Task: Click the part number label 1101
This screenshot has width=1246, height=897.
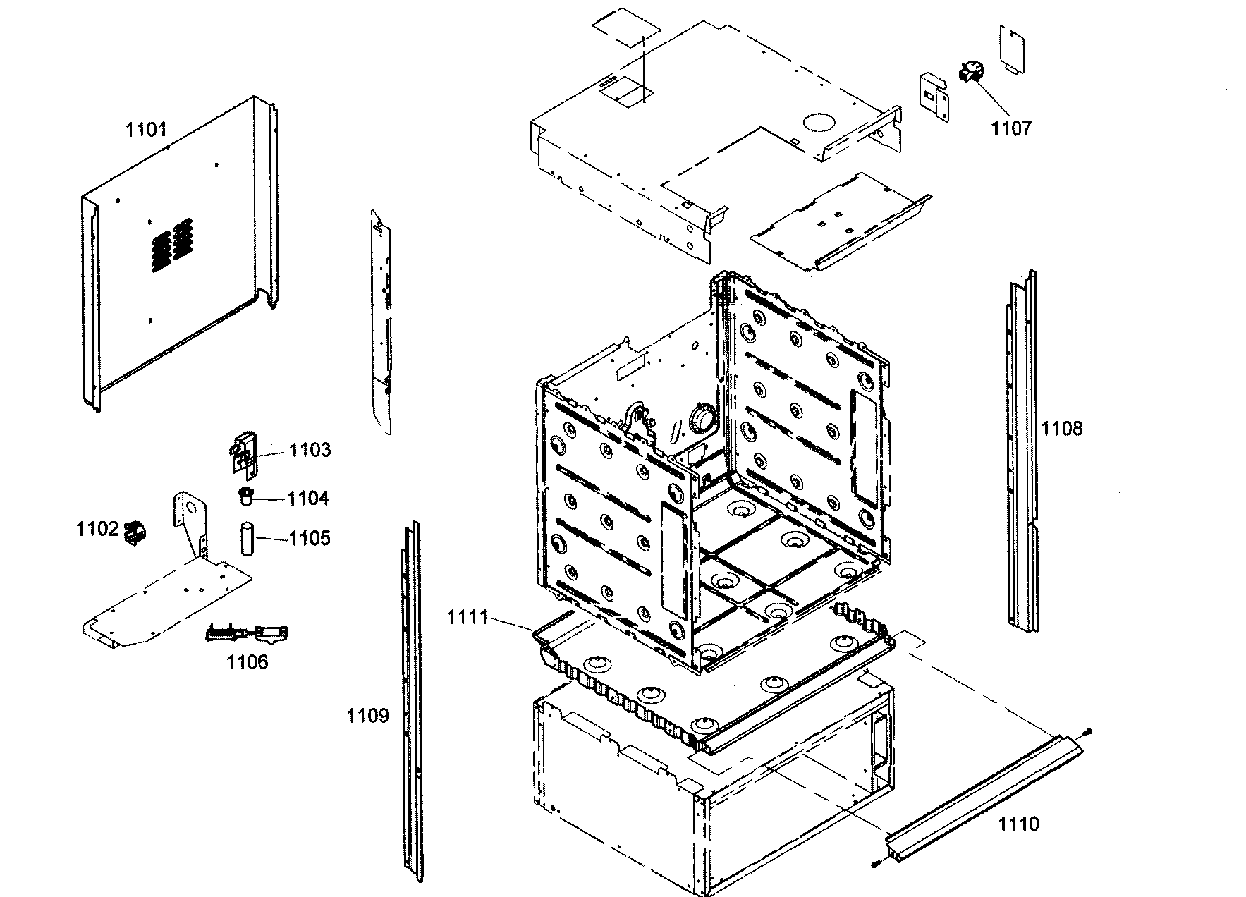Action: pyautogui.click(x=147, y=130)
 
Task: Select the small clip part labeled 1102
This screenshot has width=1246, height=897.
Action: pyautogui.click(x=133, y=532)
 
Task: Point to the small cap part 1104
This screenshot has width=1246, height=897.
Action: pyautogui.click(x=246, y=496)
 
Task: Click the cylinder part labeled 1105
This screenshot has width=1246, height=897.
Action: pyautogui.click(x=248, y=538)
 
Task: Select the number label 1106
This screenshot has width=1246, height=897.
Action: pyautogui.click(x=247, y=662)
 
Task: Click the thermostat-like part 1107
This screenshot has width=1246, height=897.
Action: pyautogui.click(x=972, y=73)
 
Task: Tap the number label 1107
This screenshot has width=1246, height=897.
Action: pyautogui.click(x=1010, y=128)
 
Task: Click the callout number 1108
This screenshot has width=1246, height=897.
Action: pyautogui.click(x=1062, y=428)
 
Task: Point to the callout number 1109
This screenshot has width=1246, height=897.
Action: pyautogui.click(x=367, y=716)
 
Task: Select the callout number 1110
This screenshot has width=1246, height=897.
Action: pyautogui.click(x=1018, y=824)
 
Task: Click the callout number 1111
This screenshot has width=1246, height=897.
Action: pyautogui.click(x=467, y=618)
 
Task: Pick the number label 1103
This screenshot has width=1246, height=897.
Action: pyautogui.click(x=310, y=451)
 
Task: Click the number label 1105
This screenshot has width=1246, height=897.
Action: pyautogui.click(x=309, y=539)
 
